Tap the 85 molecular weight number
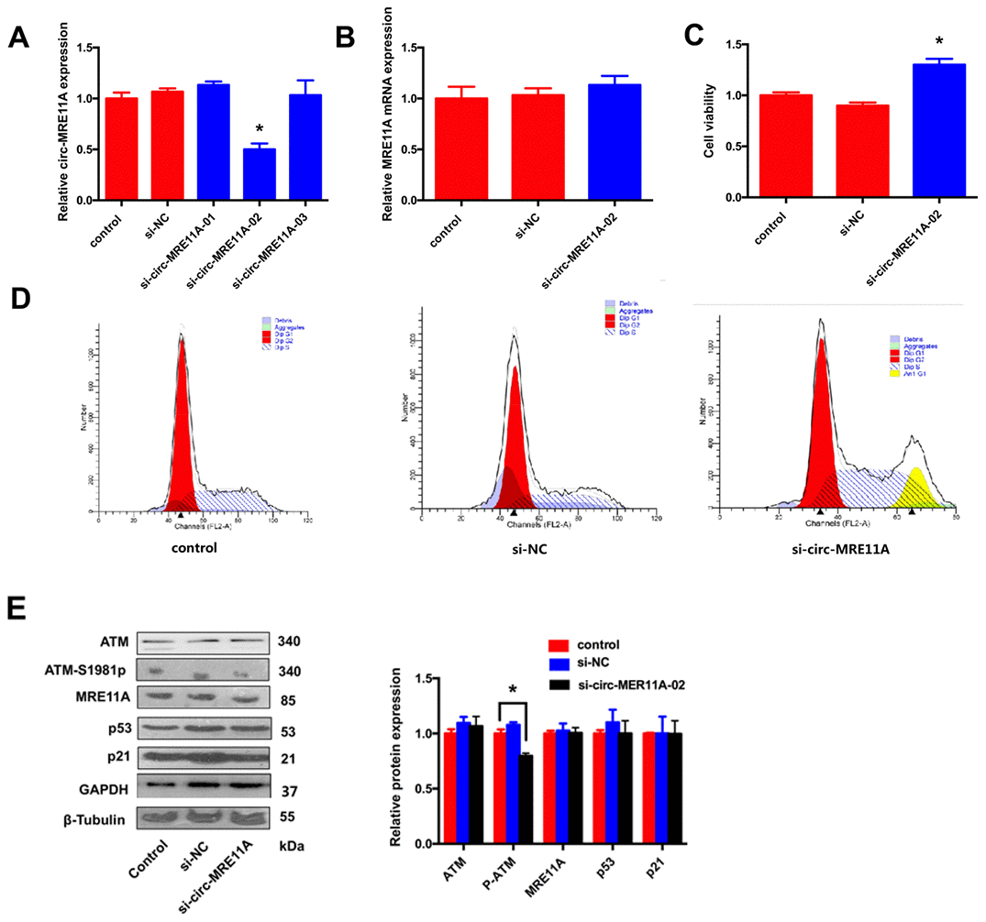[x=287, y=698]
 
